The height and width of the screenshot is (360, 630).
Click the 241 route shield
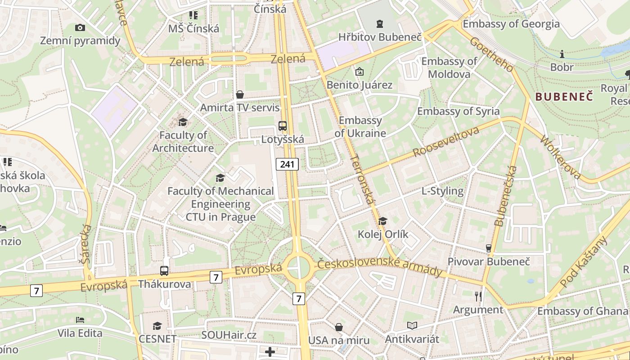pos(287,164)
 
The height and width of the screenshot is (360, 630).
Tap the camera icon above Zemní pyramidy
pos(80,27)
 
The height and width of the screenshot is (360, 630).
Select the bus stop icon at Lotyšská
pos(283,126)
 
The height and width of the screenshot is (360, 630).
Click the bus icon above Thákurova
pos(164,271)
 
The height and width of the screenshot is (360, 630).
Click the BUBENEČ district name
pos(564,96)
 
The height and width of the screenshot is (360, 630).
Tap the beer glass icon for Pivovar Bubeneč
pos(488,248)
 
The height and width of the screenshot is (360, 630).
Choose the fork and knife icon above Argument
pos(478,296)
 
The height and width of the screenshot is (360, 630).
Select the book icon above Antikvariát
pos(412,325)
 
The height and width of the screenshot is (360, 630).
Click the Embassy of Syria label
pos(458,111)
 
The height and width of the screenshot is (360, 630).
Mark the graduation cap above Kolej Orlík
pos(382,220)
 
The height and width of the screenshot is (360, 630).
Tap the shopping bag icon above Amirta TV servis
pos(240,94)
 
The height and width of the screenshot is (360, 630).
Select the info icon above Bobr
pos(562,54)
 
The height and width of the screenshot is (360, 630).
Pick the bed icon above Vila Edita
pos(80,320)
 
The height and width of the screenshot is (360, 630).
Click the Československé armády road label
pos(380,267)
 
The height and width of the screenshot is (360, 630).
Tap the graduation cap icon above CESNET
pos(157,325)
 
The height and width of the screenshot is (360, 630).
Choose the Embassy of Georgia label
pos(511,24)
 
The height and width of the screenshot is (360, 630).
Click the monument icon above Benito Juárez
pos(359,71)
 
